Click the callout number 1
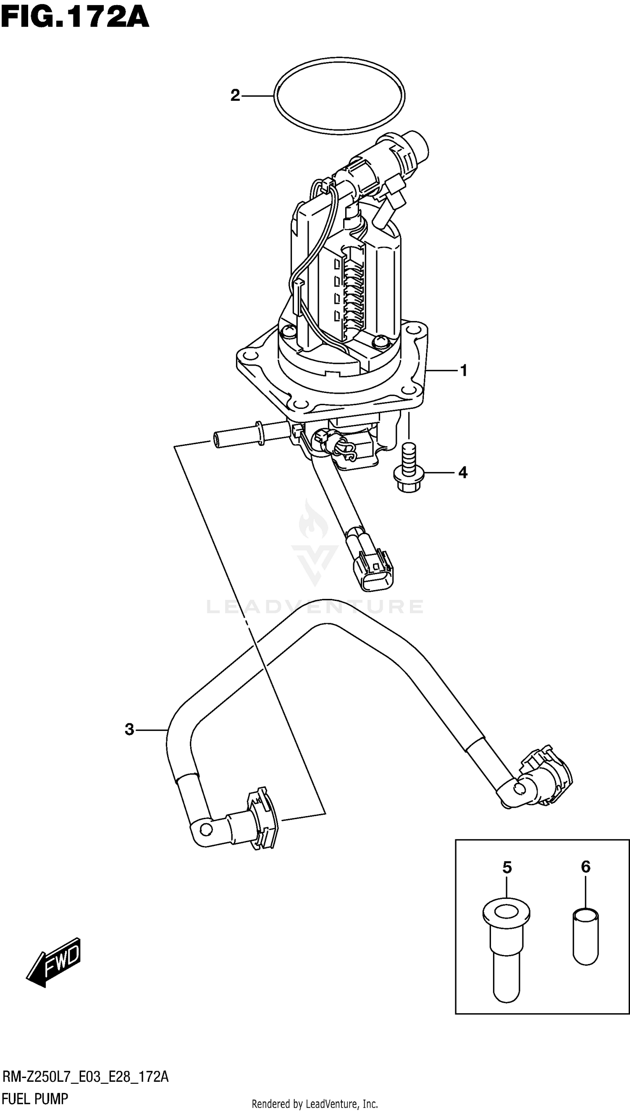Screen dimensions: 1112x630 point(463,371)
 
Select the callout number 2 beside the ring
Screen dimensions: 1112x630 point(235,95)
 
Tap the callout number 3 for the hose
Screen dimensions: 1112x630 point(129,730)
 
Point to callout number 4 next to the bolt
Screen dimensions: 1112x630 point(462,472)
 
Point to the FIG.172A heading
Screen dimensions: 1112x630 point(75,18)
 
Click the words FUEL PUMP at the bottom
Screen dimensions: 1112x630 point(35,1099)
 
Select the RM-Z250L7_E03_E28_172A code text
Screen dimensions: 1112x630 point(85,1077)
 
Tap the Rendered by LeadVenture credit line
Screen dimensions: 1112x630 point(315,1103)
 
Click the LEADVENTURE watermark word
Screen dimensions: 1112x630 point(315,606)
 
